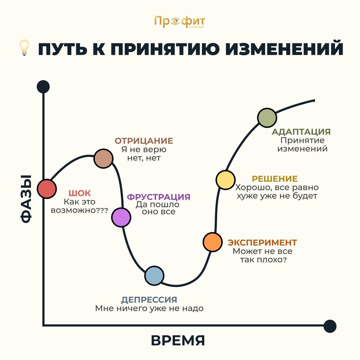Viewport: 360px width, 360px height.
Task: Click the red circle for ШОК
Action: tap(46, 189)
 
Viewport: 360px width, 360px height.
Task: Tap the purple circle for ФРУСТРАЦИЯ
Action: tap(121, 217)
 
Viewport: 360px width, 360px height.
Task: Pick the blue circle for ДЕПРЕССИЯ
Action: tap(154, 275)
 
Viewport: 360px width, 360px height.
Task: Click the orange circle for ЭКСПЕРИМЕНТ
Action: tap(212, 242)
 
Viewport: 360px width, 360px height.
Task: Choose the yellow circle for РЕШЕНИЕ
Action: tap(225, 180)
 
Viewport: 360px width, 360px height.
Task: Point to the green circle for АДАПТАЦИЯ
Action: tap(267, 117)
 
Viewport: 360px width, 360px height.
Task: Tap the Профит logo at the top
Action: tap(179, 22)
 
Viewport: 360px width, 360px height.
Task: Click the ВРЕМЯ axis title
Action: tap(178, 341)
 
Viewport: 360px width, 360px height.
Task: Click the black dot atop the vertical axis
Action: tap(43, 87)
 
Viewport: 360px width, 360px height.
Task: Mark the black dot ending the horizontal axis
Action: tap(330, 326)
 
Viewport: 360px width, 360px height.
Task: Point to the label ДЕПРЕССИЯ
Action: tap(149, 299)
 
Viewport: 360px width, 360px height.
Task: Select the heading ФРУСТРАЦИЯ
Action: tap(158, 197)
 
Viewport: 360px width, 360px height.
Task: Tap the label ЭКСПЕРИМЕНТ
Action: tap(262, 242)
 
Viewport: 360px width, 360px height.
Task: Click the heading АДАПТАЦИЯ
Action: tap(301, 132)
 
